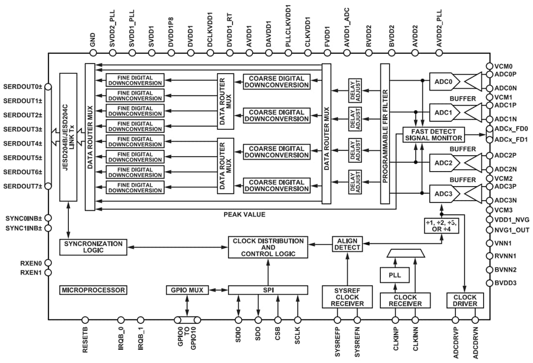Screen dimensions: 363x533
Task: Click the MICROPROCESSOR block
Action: [93, 290]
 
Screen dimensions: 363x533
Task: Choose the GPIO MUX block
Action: [187, 290]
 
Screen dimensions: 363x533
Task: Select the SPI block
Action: [267, 290]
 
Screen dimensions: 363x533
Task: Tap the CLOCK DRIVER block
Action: [465, 300]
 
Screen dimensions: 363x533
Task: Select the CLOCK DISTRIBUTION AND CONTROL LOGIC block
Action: [268, 247]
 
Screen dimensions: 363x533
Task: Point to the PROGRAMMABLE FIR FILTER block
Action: [385, 134]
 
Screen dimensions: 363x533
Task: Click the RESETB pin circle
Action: [85, 320]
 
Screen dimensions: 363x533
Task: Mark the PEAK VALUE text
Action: [244, 214]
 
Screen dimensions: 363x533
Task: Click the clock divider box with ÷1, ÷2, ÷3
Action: [440, 226]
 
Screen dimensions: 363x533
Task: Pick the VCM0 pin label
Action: [504, 66]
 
